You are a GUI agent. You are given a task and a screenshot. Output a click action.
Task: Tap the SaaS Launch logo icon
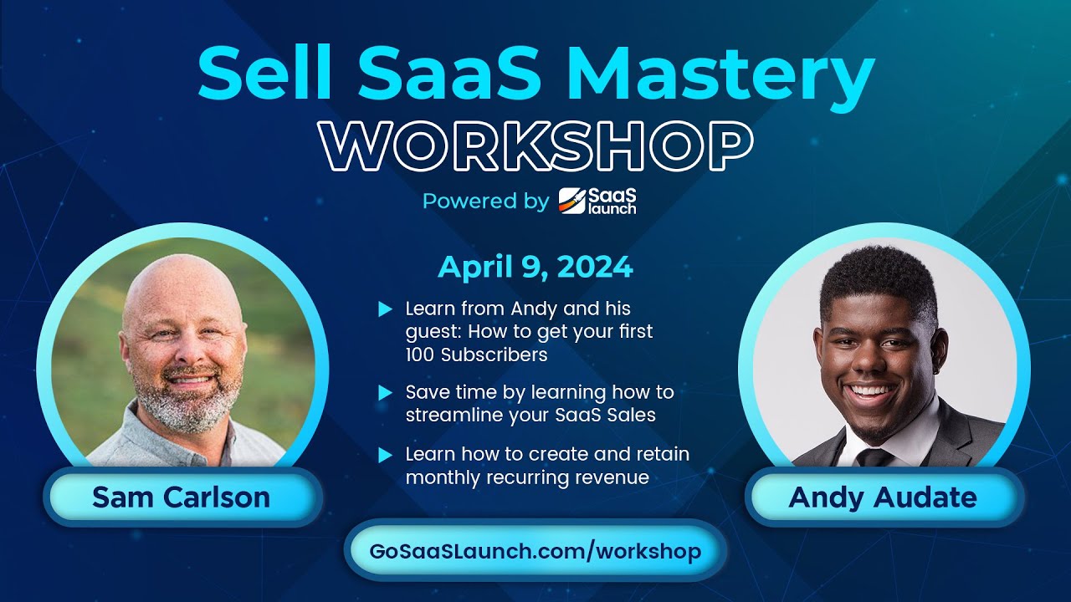pos(573,201)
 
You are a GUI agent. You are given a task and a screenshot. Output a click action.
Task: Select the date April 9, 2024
pos(535,268)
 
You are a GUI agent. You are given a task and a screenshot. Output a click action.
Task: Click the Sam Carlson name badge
pos(182,497)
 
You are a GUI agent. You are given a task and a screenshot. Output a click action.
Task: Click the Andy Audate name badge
pos(883,497)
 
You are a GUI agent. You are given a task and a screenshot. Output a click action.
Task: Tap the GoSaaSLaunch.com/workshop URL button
pos(535,551)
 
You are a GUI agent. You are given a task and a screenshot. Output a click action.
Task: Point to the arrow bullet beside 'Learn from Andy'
pos(385,309)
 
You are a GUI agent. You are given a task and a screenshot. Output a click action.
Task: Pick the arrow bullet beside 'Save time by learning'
pos(385,391)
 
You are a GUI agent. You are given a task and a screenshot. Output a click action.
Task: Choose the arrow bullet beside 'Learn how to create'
pos(385,456)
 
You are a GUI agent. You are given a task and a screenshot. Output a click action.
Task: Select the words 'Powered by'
pos(485,202)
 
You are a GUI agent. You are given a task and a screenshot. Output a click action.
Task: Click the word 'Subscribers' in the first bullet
pos(495,355)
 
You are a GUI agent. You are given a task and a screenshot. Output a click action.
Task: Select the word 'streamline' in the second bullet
pos(448,414)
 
